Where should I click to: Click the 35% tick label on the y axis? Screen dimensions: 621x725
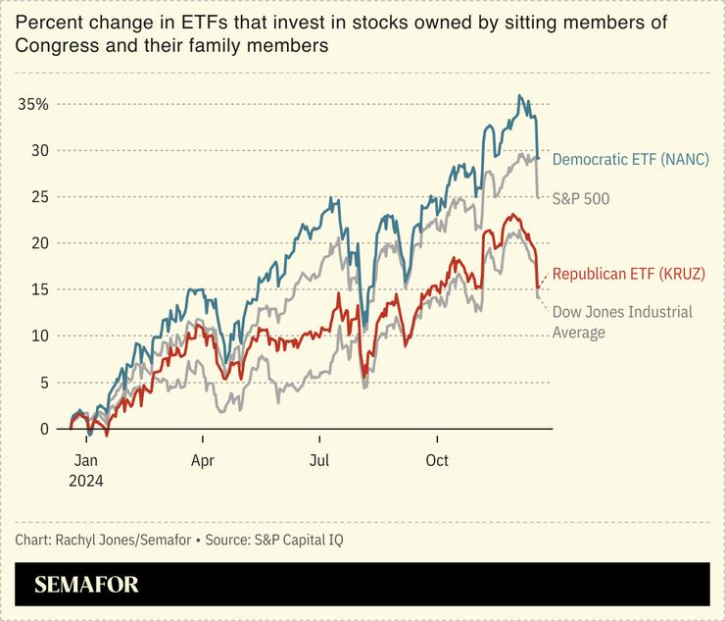coord(33,104)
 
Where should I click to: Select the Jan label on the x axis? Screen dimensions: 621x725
coord(85,460)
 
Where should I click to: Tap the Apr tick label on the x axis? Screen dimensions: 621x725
coord(203,460)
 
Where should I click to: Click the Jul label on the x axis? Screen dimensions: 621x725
coord(319,460)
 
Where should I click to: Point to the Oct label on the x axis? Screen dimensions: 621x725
coord(437,460)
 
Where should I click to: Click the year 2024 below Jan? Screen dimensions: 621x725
coord(85,481)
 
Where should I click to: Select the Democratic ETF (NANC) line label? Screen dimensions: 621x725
coord(630,159)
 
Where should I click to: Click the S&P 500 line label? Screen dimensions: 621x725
coord(581,198)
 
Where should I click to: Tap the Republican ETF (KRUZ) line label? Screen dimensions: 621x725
coord(628,274)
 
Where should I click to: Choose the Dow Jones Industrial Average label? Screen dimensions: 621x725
coord(622,322)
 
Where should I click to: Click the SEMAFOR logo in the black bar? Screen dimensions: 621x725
coord(86,585)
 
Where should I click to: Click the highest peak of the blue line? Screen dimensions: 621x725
coord(519,96)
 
